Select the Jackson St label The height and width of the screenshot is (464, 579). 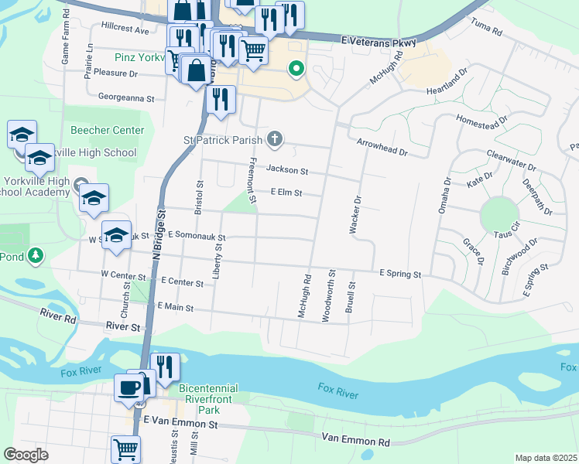coord(287,170)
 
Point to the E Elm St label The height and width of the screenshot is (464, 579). coord(286,193)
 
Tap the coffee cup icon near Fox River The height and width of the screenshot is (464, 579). coord(128,387)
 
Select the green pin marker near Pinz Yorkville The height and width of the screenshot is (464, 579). coord(296,70)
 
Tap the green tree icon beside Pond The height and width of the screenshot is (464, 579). coord(34,255)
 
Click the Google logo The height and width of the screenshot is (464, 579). coord(26,455)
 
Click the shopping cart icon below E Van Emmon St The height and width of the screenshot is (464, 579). coord(125,449)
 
